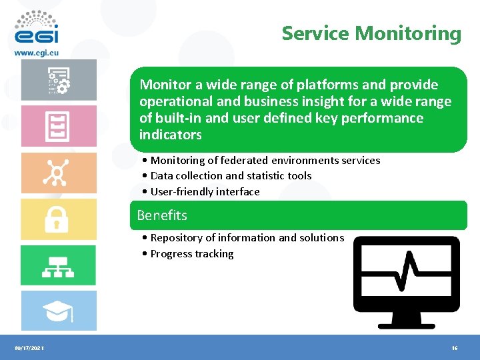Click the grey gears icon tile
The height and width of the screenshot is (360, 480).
point(58,80)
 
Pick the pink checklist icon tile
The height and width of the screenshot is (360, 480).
point(58,126)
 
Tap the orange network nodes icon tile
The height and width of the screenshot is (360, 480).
point(58,173)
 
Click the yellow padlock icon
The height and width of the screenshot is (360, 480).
point(57,219)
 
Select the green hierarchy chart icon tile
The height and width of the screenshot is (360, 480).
point(58,265)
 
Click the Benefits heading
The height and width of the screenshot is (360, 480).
point(162,215)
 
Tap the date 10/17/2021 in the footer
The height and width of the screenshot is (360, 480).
point(29,349)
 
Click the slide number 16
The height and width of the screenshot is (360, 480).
point(454,349)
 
